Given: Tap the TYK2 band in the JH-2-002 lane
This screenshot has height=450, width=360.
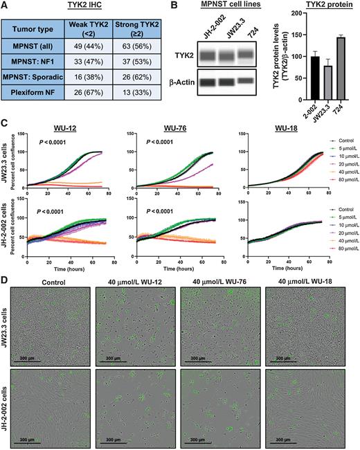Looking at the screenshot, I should pyautogui.click(x=210, y=53).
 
